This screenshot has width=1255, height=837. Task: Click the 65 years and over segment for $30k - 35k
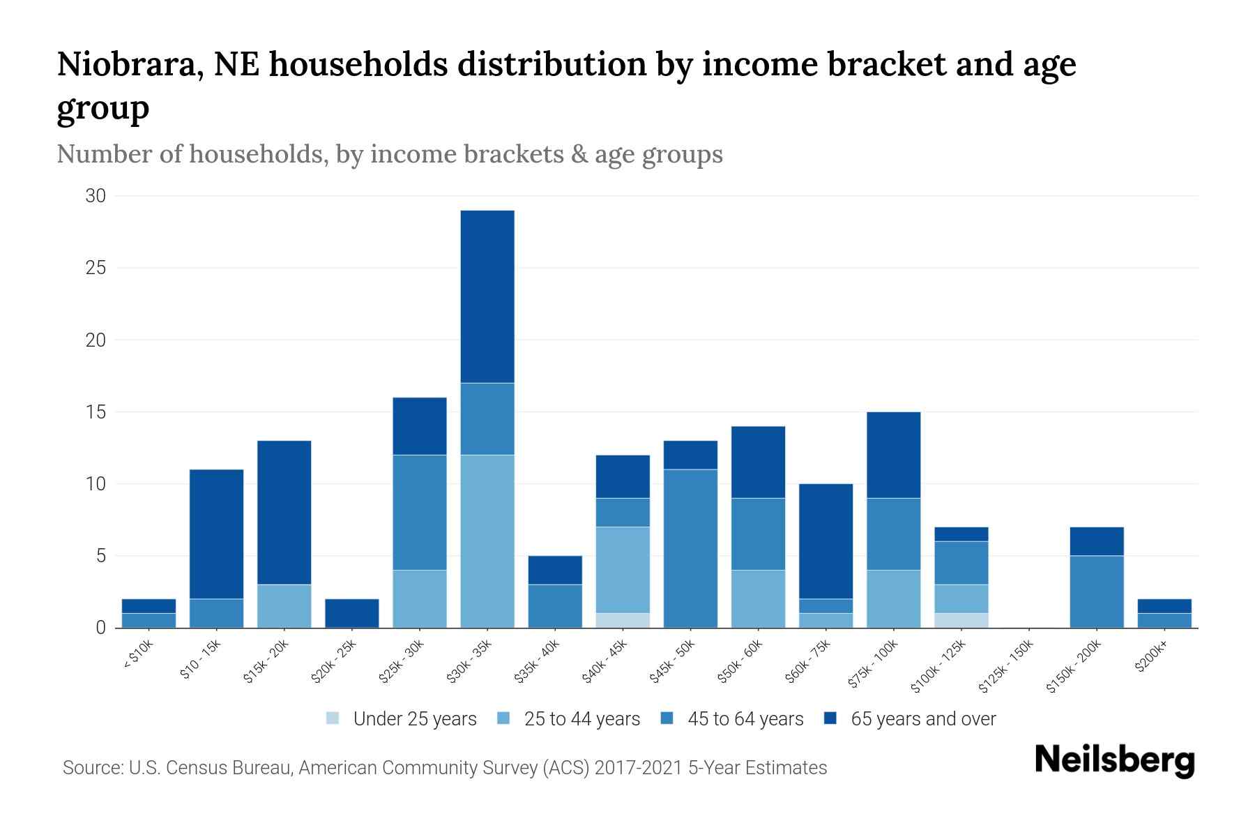(487, 296)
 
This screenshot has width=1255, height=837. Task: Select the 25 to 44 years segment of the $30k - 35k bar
(487, 541)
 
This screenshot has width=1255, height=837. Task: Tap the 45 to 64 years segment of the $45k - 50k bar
(690, 548)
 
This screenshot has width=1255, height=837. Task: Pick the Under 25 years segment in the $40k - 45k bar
(623, 620)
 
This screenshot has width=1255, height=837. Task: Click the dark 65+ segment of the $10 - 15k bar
(216, 534)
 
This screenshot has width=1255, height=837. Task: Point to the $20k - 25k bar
(352, 613)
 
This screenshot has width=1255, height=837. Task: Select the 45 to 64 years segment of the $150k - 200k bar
(1097, 591)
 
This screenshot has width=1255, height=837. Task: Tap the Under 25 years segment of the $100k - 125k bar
(961, 620)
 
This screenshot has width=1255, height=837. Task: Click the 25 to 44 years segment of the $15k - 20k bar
(284, 606)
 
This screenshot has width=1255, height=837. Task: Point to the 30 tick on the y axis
(96, 196)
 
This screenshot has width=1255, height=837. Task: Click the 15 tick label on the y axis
(96, 412)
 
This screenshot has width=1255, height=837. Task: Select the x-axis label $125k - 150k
(1005, 667)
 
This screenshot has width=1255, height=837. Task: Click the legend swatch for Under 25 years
(333, 718)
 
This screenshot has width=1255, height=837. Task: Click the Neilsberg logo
(1115, 760)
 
